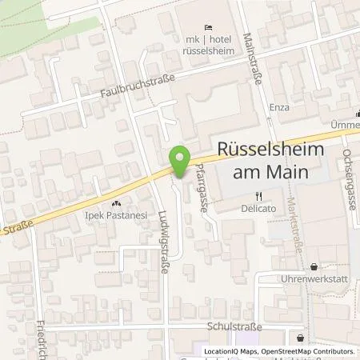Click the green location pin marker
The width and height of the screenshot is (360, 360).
[x=180, y=158]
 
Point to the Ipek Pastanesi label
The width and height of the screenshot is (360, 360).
[x=118, y=216]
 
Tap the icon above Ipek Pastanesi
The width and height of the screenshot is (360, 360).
[x=118, y=204]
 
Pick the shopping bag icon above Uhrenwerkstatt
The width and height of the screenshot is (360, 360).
[x=311, y=266]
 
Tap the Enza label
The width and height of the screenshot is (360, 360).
[x=279, y=106]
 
